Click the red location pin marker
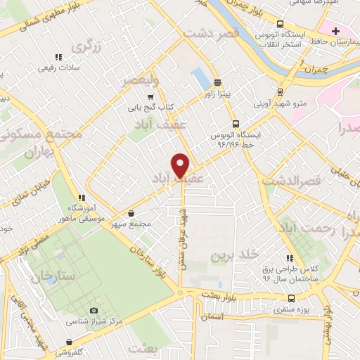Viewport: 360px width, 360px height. [181, 165]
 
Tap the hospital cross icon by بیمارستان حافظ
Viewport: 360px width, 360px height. [336, 31]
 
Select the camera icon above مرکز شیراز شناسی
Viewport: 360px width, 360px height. [94, 311]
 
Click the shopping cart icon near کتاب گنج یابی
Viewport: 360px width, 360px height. [149, 97]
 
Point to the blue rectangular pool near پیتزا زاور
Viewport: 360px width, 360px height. [200, 76]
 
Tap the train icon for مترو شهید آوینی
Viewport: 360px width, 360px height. [281, 92]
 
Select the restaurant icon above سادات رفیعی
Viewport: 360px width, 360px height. [59, 57]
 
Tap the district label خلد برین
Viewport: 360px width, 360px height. [236, 253]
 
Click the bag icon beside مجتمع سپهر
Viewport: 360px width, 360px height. [131, 213]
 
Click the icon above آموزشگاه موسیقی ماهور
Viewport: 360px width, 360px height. [82, 198]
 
